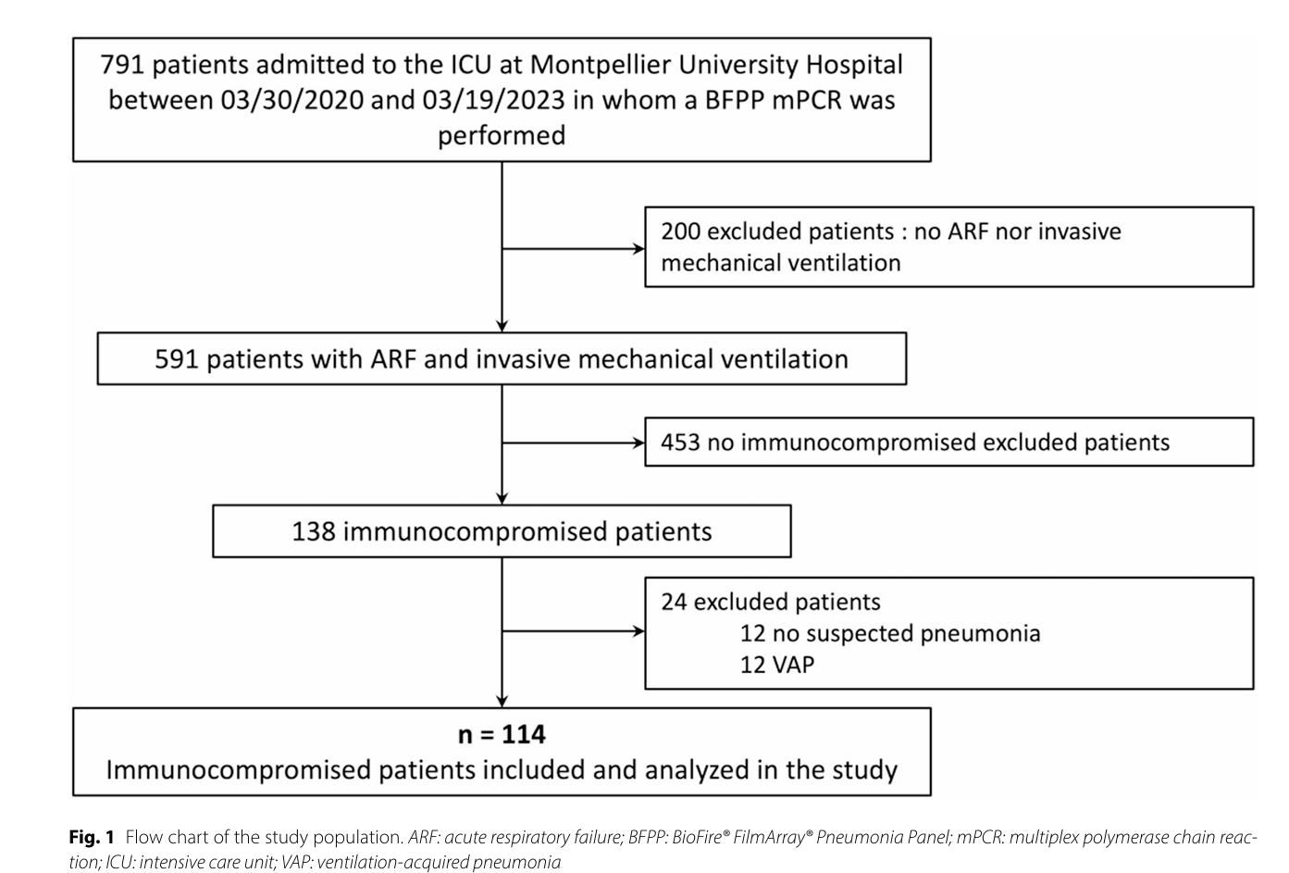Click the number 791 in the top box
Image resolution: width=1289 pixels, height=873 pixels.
coord(122,65)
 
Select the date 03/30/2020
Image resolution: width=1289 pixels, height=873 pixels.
coord(292,101)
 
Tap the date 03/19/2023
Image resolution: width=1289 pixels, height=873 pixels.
coord(493,101)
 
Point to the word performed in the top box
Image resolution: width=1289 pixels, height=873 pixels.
coord(502,136)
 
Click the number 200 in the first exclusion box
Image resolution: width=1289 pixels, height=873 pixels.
coord(681,231)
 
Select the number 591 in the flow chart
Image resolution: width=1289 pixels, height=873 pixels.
coord(177,359)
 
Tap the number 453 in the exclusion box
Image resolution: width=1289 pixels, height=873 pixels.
coord(681,443)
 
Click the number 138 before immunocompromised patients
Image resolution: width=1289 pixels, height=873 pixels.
coord(314,531)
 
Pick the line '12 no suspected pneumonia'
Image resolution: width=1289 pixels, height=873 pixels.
coord(890,634)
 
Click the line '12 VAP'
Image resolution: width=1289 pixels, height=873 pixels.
coord(777,665)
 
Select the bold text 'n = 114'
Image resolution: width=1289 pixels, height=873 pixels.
coord(502,735)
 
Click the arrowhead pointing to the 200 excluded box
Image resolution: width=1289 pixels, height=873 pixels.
coord(638,249)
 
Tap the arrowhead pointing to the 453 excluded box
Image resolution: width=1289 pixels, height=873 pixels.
coord(638,443)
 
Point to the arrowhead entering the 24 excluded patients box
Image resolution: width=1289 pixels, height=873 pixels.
coord(638,631)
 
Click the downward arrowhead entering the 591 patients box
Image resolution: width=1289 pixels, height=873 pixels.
coord(502,327)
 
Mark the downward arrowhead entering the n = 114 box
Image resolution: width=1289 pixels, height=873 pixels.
coord(502,702)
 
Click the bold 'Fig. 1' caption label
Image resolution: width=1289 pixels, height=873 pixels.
coord(92,837)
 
